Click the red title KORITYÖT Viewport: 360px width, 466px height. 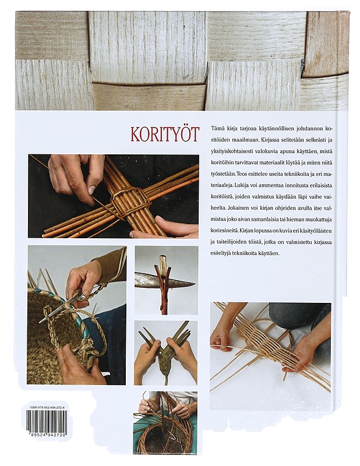coord(164,135)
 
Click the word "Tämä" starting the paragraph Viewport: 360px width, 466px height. coord(217,128)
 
